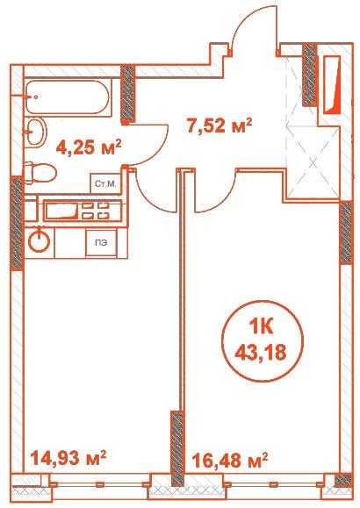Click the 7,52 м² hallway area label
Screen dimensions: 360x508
[220, 125]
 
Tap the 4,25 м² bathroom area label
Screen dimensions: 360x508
[89, 147]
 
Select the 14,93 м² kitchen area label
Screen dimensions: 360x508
[68, 457]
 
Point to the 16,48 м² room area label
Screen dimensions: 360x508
[230, 460]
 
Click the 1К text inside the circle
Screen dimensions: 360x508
[261, 327]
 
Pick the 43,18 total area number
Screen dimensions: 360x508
[261, 352]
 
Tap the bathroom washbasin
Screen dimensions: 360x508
[36, 132]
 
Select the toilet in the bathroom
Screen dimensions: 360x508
[40, 173]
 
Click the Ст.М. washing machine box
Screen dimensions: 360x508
[105, 183]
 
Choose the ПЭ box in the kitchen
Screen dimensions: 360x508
[101, 243]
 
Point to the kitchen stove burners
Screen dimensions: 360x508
[95, 211]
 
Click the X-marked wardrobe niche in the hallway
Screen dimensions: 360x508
[313, 161]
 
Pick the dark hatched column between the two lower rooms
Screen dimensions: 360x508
[177, 448]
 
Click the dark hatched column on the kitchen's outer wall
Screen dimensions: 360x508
[16, 223]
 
